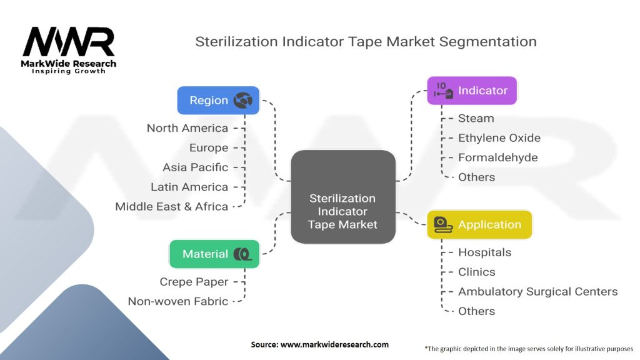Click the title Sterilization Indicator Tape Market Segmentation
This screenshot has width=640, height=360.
click(366, 42)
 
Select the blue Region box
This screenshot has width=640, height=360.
click(218, 100)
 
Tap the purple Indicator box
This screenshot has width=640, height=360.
click(472, 91)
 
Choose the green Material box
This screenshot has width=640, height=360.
click(214, 254)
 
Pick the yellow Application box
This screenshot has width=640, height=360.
click(479, 224)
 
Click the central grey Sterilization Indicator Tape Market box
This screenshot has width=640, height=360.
click(343, 197)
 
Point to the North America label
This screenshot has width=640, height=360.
click(187, 128)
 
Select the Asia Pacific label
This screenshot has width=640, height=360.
click(195, 167)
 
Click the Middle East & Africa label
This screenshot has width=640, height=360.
click(171, 206)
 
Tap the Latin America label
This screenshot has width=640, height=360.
click(189, 187)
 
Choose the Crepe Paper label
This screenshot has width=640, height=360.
click(194, 282)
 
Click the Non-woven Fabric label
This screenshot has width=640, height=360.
click(177, 301)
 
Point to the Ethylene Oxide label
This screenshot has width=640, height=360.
click(499, 138)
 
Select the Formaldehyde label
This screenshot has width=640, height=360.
click(497, 157)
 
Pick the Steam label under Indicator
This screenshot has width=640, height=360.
click(476, 118)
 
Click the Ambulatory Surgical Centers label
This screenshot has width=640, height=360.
click(537, 291)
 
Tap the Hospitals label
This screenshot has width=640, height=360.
click(484, 252)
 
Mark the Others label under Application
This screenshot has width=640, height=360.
click(476, 311)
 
